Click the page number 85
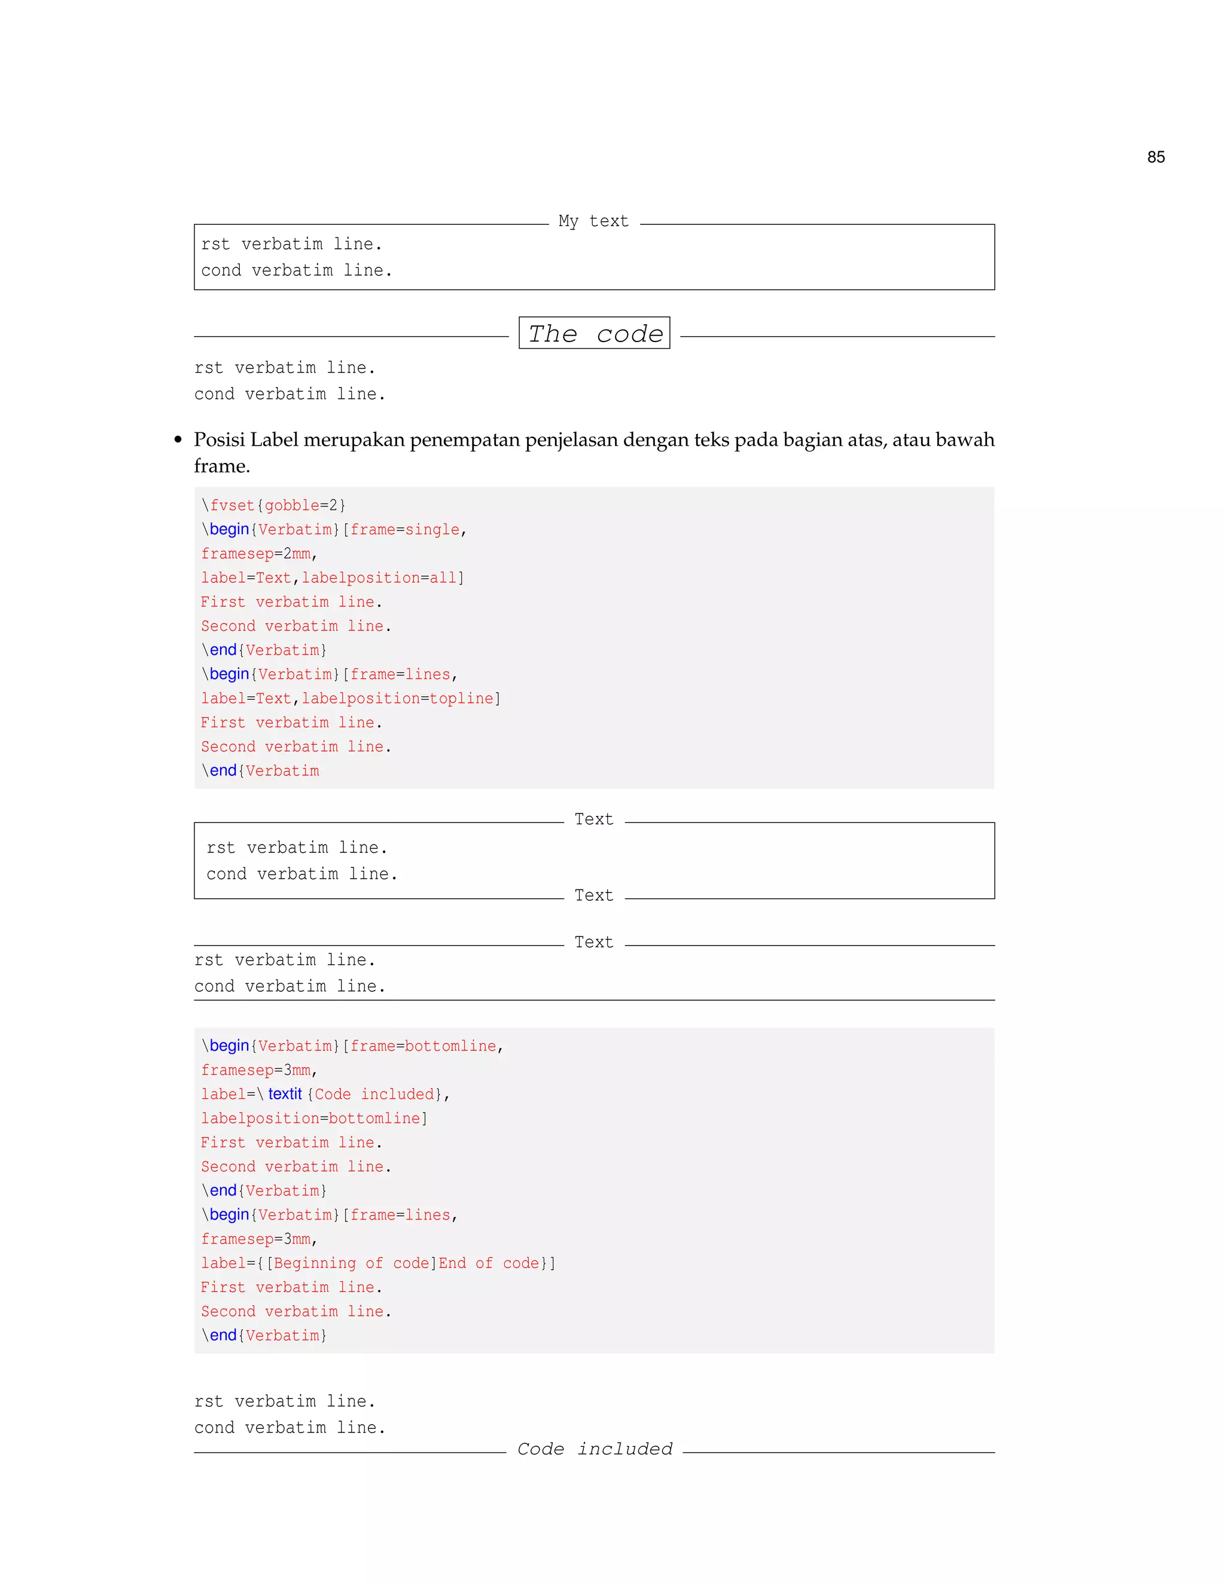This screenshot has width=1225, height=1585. click(x=1156, y=157)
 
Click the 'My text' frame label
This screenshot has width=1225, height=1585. click(x=593, y=221)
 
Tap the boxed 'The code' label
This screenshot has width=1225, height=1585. click(x=595, y=333)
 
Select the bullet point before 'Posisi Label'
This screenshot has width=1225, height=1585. click(x=178, y=441)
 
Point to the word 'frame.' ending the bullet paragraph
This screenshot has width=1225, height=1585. click(x=221, y=466)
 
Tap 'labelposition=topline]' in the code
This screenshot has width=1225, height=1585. click(x=401, y=698)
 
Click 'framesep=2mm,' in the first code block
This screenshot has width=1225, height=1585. click(x=259, y=554)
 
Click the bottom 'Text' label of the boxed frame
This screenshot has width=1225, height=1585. click(x=593, y=895)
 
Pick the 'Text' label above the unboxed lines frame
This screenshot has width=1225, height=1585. click(x=593, y=942)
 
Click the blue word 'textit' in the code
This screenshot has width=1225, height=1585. click(x=285, y=1094)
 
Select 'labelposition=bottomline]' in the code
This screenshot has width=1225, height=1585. click(x=314, y=1118)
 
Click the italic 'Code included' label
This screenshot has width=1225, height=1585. click(x=595, y=1449)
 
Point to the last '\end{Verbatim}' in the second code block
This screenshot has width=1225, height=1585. click(x=264, y=1336)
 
